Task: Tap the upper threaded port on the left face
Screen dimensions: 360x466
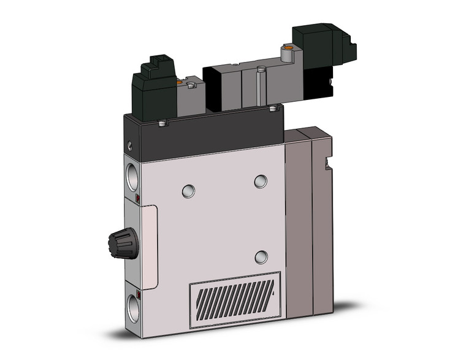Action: click(x=132, y=175)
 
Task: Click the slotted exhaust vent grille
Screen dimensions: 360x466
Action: click(x=234, y=300)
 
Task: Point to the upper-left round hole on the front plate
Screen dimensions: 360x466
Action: click(x=189, y=191)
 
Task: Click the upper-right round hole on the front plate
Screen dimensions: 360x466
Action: click(x=261, y=181)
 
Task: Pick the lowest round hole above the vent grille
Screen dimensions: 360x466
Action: click(x=261, y=257)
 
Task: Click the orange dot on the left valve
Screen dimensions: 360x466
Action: click(x=178, y=82)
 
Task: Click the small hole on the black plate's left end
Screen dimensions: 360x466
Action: click(x=130, y=146)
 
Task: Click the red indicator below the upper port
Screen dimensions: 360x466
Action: click(x=138, y=199)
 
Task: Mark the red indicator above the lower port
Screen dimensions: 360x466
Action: click(x=138, y=296)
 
